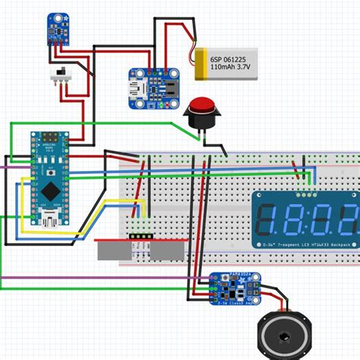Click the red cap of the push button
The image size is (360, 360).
click(202, 106)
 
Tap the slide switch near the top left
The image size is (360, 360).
click(57, 76)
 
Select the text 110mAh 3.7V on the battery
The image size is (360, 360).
click(228, 67)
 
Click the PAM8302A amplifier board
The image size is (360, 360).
click(230, 287)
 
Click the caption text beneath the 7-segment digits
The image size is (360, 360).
click(304, 245)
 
